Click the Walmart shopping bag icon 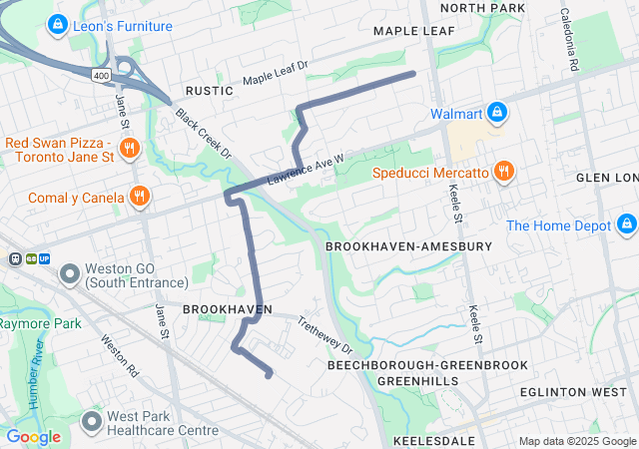[495, 113]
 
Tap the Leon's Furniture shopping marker [58, 22]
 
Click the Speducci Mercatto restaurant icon [503, 172]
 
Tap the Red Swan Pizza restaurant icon [128, 150]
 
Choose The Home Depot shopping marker [626, 224]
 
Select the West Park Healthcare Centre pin [92, 421]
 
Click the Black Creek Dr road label [204, 134]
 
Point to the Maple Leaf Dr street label [277, 72]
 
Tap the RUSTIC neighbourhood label [209, 91]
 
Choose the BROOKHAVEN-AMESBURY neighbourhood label [408, 245]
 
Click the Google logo [33, 436]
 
